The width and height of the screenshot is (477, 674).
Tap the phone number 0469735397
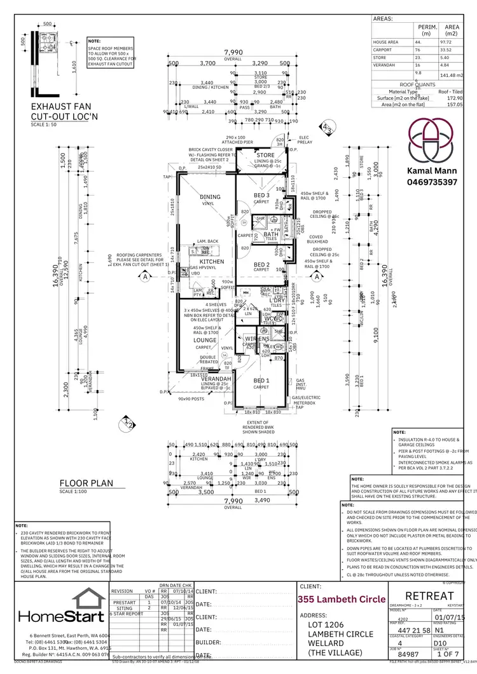432,182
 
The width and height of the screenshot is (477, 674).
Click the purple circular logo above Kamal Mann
432,140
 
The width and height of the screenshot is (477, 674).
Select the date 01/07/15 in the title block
449,617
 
